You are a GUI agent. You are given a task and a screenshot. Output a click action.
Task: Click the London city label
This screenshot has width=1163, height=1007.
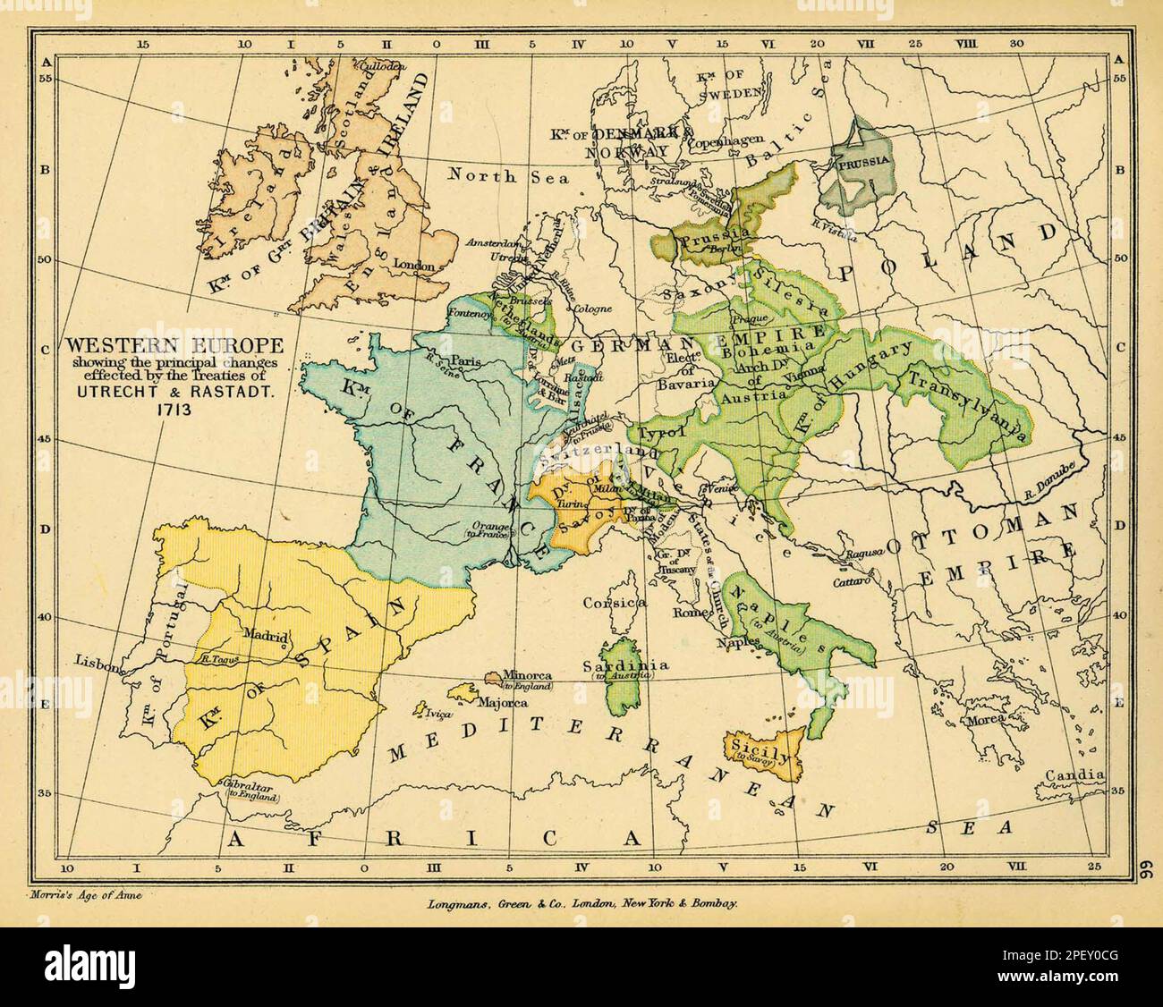pos(414,266)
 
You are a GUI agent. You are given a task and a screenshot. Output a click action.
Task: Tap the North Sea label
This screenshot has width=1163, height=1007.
pos(508,176)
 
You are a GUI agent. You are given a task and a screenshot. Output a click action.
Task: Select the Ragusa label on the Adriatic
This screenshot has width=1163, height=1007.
pos(865,553)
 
